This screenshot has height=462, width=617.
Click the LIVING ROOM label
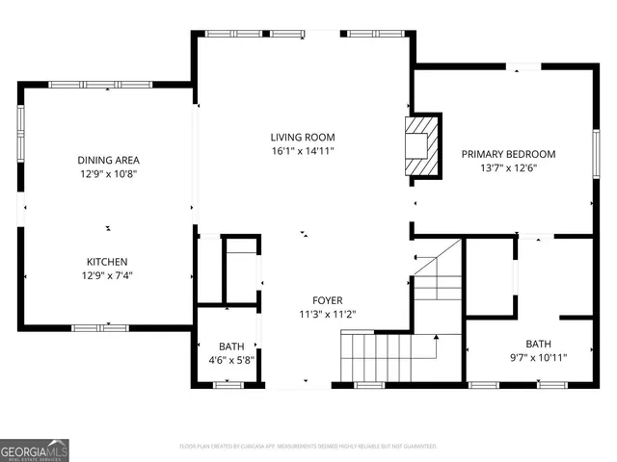point(302,138)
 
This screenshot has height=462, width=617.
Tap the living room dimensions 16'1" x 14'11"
point(302,151)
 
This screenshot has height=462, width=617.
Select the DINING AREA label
point(109,160)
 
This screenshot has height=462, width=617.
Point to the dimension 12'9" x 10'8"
point(109,174)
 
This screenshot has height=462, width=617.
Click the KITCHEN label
point(107,262)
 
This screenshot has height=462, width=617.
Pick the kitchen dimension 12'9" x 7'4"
point(107,276)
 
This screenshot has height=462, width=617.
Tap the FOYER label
point(327,300)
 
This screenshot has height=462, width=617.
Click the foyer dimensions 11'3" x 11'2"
point(327,314)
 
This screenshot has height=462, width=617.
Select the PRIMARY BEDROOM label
point(508,154)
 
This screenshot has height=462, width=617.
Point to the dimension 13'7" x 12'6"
point(508,168)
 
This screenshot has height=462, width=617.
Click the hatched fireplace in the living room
point(421,145)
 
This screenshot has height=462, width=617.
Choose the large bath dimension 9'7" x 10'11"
point(539,358)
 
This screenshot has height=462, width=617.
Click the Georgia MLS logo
point(35,449)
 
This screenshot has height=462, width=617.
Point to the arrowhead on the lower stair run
point(437,337)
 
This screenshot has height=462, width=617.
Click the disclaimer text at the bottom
point(308,447)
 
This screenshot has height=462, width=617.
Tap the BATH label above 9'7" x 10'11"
point(539,344)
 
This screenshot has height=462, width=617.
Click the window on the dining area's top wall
point(81,84)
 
